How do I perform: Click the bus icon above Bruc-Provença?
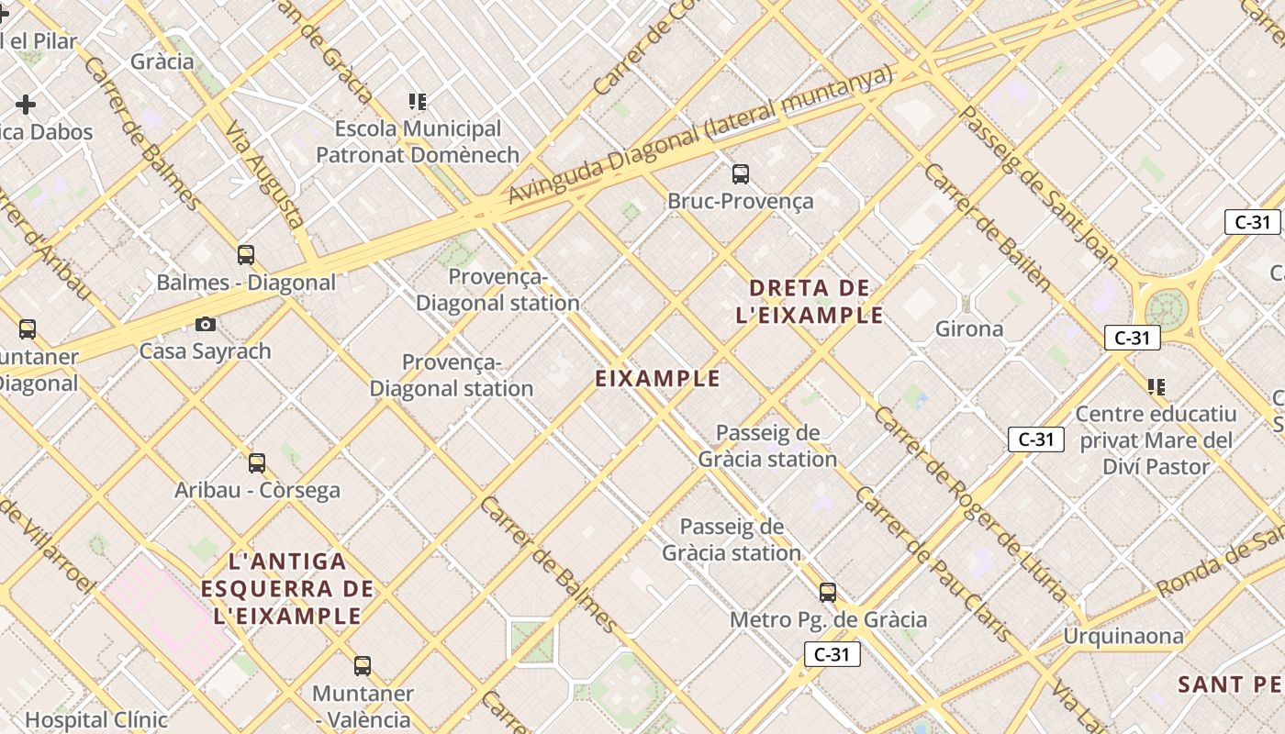(741, 173)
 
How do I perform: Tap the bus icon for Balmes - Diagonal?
(246, 254)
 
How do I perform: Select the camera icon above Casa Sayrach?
(206, 324)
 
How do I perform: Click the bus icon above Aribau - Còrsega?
(257, 463)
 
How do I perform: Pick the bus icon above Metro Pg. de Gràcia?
(828, 593)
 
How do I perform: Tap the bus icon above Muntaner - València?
(363, 666)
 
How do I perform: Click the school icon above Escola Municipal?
(418, 102)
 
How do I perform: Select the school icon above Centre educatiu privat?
(1156, 386)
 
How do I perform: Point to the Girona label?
(968, 328)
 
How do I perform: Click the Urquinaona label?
(1123, 636)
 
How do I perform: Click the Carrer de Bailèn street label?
(987, 228)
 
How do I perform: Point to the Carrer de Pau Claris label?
(933, 564)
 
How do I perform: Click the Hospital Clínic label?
(96, 720)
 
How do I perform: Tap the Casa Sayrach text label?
(206, 350)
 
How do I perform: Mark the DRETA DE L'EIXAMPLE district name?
(810, 302)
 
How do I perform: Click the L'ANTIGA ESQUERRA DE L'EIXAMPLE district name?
(287, 588)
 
